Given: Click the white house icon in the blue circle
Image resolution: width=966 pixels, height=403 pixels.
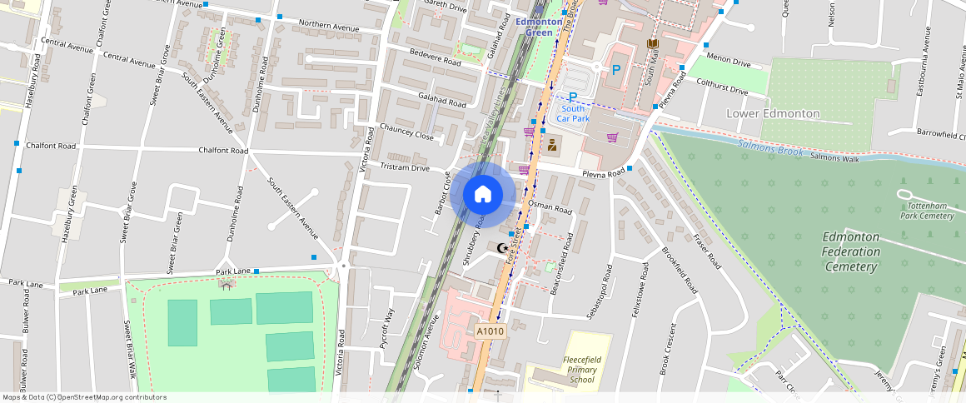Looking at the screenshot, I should pyautogui.click(x=482, y=195).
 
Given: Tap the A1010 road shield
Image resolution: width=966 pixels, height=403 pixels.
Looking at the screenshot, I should pyautogui.click(x=490, y=331).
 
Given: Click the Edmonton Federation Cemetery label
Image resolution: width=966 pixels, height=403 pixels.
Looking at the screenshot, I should pyautogui.click(x=850, y=251).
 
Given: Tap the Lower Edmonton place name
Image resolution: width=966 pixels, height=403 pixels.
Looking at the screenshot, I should pyautogui.click(x=773, y=113).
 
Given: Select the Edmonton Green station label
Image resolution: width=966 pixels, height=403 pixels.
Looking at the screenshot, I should pyautogui.click(x=540, y=27).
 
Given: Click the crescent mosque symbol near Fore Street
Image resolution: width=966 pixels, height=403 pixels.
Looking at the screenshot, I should pyautogui.click(x=501, y=247).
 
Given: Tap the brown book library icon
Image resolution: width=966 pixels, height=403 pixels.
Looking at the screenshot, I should pyautogui.click(x=653, y=43).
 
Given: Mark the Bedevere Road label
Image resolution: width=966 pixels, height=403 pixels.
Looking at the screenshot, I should pyautogui.click(x=434, y=57).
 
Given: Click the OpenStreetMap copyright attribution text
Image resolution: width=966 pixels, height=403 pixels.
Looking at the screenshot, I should pyautogui.click(x=84, y=397).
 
